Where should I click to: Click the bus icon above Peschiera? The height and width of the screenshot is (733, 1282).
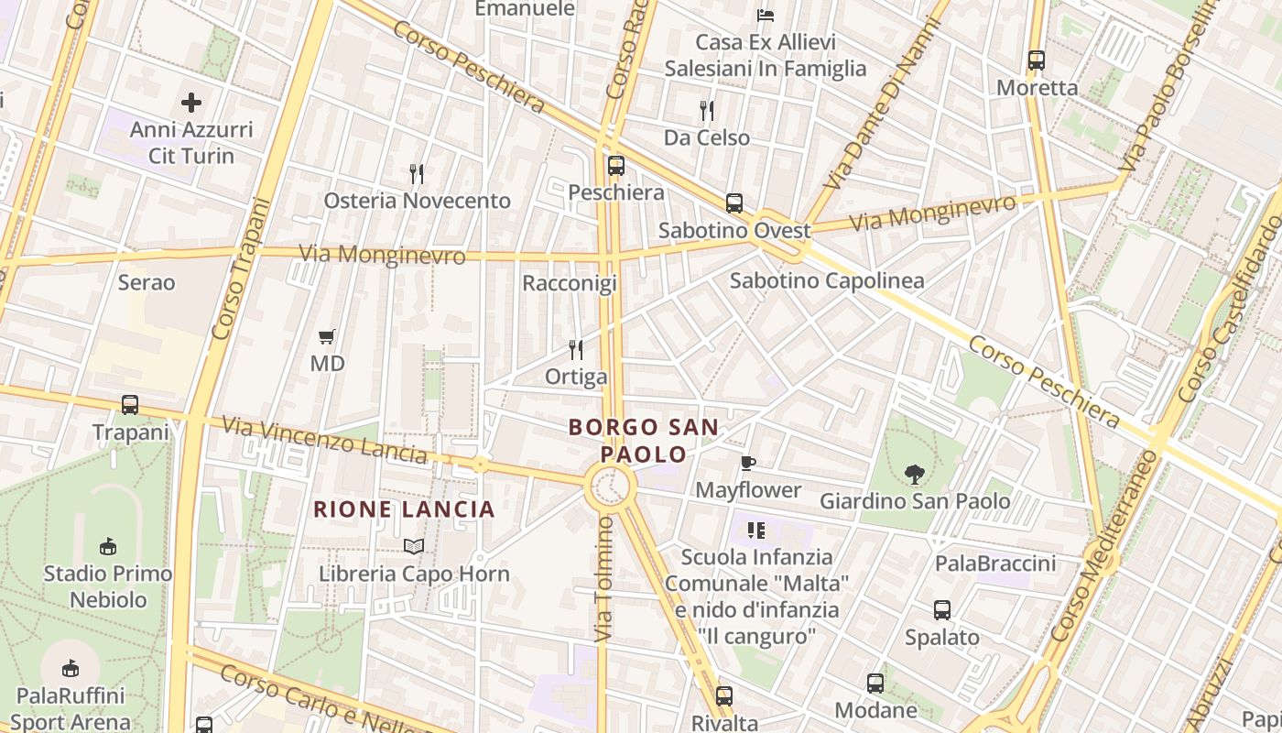coord(616,166)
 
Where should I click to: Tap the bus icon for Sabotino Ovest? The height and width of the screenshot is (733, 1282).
coord(734,203)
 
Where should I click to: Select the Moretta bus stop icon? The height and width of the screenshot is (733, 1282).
coord(1037,60)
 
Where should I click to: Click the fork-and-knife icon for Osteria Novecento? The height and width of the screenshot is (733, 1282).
coord(417,173)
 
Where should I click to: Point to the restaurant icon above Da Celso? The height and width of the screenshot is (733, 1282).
coord(706,111)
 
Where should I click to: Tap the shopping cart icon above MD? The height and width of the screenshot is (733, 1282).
coord(327,336)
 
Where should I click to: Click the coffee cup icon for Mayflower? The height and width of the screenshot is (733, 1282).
coord(748,463)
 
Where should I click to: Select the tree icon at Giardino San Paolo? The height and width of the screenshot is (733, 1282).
coord(914,474)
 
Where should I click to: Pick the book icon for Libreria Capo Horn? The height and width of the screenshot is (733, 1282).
coord(414,546)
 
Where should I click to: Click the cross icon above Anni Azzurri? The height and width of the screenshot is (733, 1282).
coord(191,102)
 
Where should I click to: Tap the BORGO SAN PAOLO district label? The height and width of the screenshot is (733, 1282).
coord(644,441)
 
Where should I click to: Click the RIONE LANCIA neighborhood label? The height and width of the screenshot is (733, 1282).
coord(404,509)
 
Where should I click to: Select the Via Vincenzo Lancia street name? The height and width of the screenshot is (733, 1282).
coord(325,440)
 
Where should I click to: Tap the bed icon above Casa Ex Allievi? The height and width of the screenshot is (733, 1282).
coord(766,15)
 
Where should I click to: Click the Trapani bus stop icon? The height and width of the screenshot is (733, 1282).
coord(130,404)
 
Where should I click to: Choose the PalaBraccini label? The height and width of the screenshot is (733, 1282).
coord(995,563)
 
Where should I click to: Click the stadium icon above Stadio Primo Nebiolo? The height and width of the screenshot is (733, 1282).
coord(108,546)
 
